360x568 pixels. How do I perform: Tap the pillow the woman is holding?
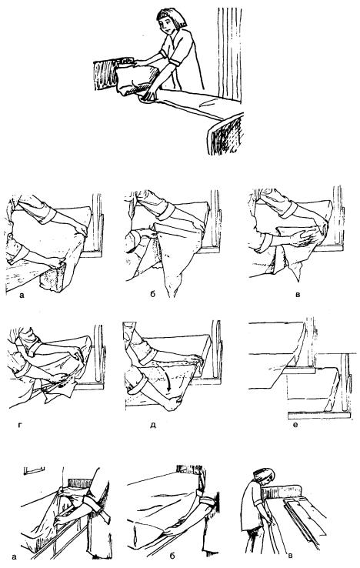click(x=137, y=79)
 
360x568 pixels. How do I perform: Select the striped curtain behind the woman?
click(x=230, y=55)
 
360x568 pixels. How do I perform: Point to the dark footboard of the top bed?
click(x=225, y=134)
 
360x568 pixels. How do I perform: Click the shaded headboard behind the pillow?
click(x=106, y=74)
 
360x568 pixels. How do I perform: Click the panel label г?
click(x=19, y=424)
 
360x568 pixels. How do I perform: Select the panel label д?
click(x=153, y=425)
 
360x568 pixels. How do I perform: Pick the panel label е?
click(x=295, y=424)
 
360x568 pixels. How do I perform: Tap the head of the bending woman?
click(x=264, y=475)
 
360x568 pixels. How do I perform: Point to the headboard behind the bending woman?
click(x=282, y=492)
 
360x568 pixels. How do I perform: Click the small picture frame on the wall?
click(x=35, y=470)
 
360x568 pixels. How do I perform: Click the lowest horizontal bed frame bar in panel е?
click(x=319, y=415)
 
